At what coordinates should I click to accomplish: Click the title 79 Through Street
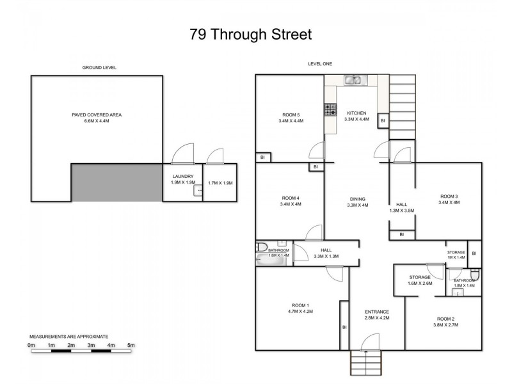pos(251,35)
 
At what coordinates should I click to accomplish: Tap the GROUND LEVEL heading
pos(99,67)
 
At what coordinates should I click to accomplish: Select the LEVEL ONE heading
pos(319,64)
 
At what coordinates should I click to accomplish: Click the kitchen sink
pos(353,81)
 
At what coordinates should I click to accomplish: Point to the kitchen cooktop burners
pos(330,110)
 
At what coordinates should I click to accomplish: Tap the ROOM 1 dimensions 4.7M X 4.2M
pos(300,312)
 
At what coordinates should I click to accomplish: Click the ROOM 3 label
pos(449,196)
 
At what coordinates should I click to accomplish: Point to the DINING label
pos(356,198)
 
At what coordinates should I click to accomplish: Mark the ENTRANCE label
pos(377,312)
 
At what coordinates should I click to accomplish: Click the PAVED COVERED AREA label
pos(97,115)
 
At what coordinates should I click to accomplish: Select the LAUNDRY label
pos(182,176)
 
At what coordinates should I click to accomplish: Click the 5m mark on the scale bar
pos(131,346)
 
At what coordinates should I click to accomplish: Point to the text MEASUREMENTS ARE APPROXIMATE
pos(69,336)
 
